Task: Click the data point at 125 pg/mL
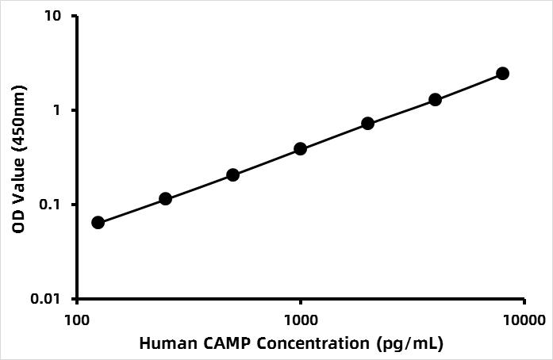98,222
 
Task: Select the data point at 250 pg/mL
166,198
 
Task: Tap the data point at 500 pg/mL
233,174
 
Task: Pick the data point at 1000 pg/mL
301,148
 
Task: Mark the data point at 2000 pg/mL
368,123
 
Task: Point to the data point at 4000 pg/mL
436,99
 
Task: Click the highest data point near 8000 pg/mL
502,73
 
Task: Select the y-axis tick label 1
62,110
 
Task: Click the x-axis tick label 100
77,320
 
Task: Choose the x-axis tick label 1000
301,320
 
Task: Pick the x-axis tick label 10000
524,320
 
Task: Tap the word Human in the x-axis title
163,344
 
